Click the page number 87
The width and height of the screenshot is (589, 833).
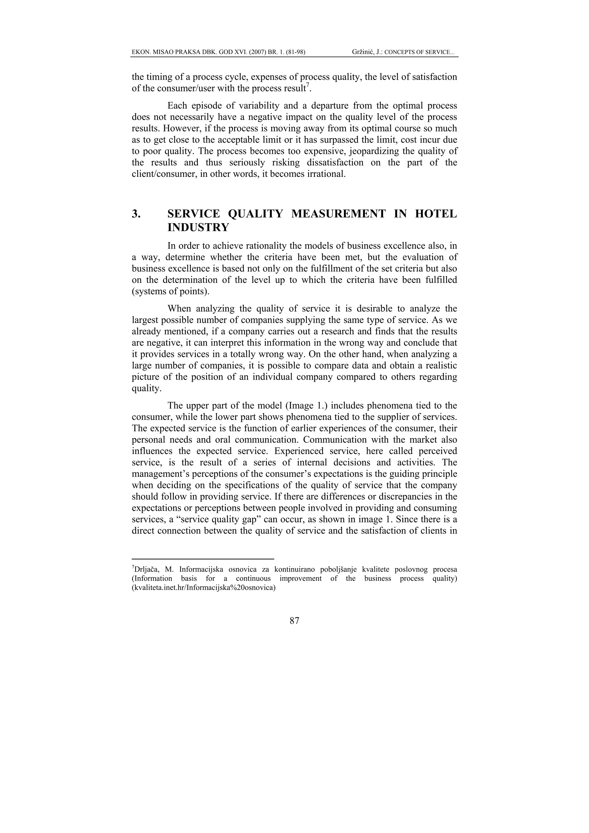coord(294,621)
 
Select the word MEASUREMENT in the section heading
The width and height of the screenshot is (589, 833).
coord(339,214)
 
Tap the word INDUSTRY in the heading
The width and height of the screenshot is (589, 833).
coord(198,227)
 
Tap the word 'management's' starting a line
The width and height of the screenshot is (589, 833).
coord(160,474)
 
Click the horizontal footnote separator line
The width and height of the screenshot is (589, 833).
coord(202,559)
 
